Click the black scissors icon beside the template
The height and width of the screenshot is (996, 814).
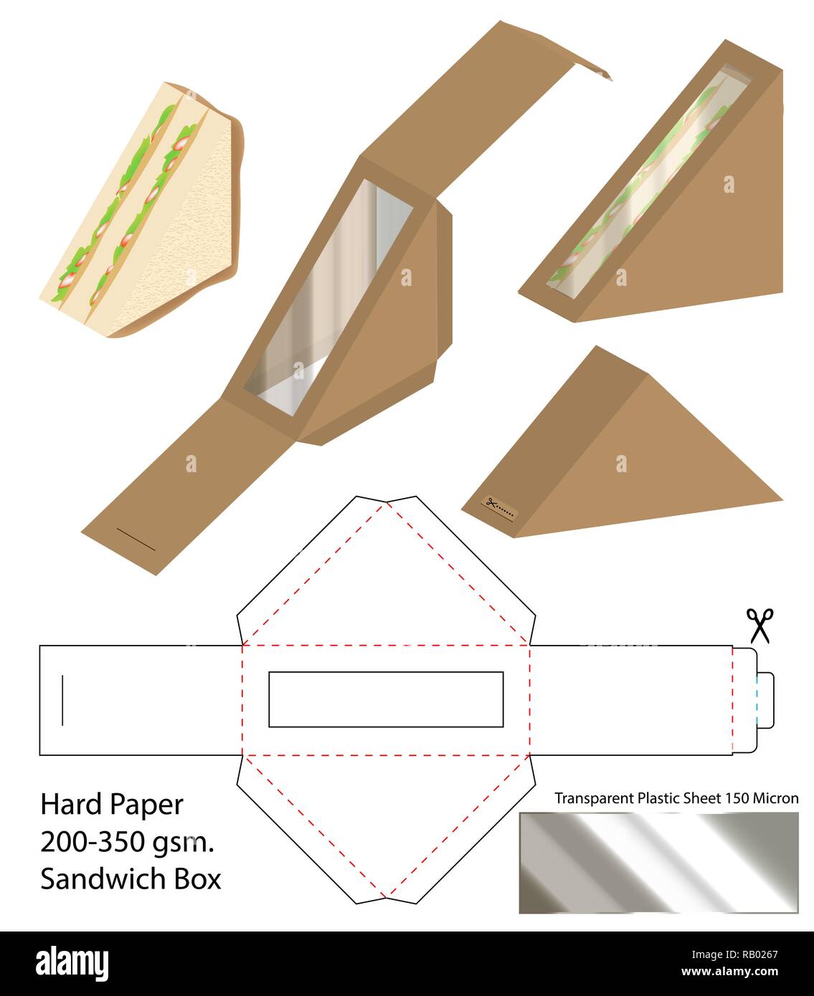pos(759,626)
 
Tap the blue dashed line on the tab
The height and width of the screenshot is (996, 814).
pos(757,700)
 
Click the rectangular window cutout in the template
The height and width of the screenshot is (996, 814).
pos(386,699)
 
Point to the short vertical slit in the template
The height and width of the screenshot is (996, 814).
pos(62,700)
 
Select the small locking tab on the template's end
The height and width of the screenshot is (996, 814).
pos(765,700)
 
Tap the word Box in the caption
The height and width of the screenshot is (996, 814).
pos(198,879)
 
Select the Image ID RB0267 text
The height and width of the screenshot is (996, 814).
pos(734,954)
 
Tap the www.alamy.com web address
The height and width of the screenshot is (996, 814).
pos(729,972)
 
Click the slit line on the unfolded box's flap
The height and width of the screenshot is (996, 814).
pos(136,540)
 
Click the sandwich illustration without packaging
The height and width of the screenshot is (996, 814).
pos(142,209)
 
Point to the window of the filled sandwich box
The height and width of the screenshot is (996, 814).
pos(648,183)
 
